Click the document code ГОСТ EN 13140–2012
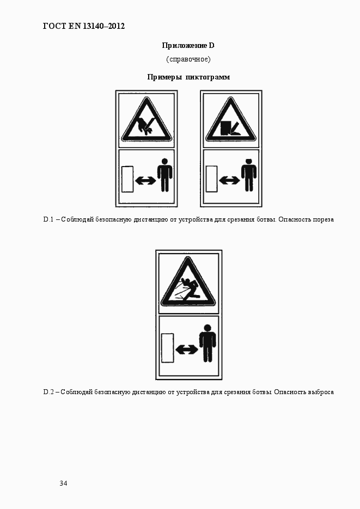84,26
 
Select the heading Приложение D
188,45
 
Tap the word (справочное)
188,59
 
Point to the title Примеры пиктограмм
188,77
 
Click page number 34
63,483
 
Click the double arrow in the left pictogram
146,181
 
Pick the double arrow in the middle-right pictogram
229,181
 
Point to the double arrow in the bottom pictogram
187,349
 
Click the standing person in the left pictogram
165,175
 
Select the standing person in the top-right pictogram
249,175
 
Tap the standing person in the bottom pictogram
208,344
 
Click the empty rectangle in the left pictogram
127,179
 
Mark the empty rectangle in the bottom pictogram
168,348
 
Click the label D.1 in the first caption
48,219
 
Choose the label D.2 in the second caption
48,392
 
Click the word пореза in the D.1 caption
323,220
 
